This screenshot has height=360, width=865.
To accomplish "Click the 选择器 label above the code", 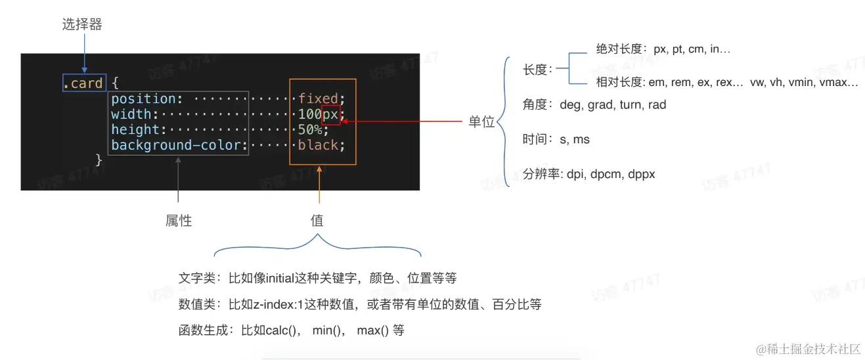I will point(82,25).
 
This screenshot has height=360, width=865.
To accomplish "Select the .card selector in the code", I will point(83,83).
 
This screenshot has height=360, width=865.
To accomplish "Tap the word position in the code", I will point(144,99).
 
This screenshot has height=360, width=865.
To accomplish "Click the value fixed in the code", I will point(319,99).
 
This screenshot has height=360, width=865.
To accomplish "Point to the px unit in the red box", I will point(330,115).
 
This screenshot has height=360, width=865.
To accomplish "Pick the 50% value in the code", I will point(311,130).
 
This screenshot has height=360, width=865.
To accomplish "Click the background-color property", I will point(177,145).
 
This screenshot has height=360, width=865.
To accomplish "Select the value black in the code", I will point(319,145).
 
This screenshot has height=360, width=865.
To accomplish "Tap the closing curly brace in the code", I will point(99,160).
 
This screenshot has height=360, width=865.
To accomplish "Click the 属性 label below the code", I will point(178,221).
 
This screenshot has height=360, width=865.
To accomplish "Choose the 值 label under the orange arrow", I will point(317,221).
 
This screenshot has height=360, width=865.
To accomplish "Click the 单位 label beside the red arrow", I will point(481,122).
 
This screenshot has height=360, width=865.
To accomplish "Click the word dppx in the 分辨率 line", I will point(641,174).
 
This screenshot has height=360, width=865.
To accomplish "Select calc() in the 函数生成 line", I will point(283,330).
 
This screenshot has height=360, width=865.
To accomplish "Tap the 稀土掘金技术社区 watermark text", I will point(812,348).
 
